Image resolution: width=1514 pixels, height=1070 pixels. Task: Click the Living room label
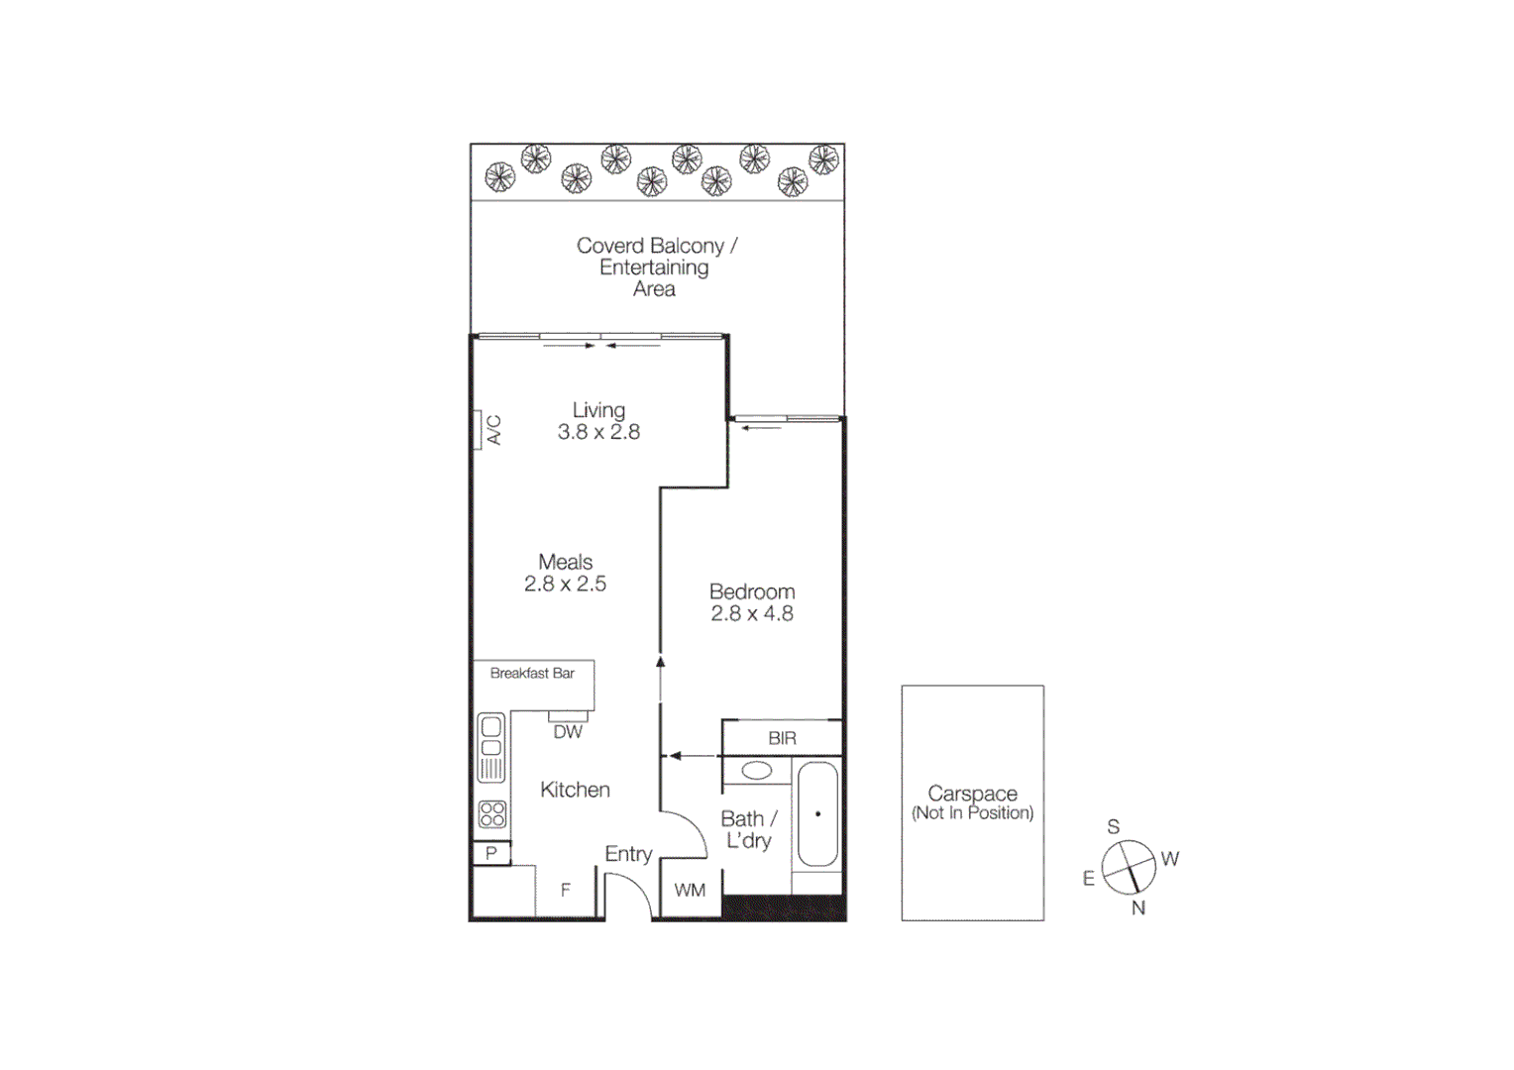point(598,410)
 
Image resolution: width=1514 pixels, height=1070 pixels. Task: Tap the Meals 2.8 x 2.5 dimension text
point(565,585)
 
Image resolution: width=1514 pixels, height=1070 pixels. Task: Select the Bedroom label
point(752,591)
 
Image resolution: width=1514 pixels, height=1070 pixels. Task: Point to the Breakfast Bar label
point(532,674)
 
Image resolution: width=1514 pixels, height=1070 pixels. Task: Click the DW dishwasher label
point(568,732)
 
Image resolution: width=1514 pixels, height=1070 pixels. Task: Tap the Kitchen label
point(575,790)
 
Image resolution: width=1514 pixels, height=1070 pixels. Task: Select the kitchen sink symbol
point(491,748)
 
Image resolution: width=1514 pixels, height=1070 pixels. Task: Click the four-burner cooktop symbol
point(491,814)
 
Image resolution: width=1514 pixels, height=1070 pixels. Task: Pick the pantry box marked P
point(491,853)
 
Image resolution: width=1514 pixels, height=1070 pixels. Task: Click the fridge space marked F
point(566,890)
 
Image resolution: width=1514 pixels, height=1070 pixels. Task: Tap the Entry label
point(628,854)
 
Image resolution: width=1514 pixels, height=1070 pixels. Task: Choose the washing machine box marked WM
point(690,890)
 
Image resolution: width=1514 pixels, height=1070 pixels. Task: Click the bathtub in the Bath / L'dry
point(818,814)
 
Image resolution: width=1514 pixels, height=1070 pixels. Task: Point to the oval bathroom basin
point(757,771)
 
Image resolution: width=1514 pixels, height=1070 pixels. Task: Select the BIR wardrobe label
point(782,738)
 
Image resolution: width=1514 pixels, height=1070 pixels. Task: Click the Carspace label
point(972,794)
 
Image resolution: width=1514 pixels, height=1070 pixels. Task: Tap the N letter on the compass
point(1138,908)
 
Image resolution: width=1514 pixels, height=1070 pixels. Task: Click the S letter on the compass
point(1114,827)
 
